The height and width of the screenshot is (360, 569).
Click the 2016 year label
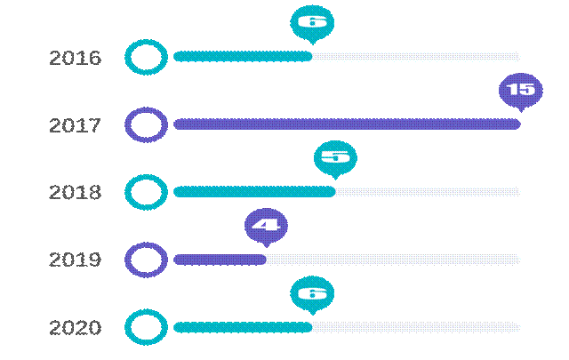(x=76, y=59)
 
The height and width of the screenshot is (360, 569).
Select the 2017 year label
(x=76, y=125)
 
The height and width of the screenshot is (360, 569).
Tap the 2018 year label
(x=76, y=193)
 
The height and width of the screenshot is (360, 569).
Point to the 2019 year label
(x=76, y=260)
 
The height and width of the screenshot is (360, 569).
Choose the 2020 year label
(x=76, y=328)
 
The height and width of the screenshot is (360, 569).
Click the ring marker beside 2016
(x=146, y=58)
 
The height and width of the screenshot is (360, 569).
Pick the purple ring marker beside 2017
(x=146, y=124)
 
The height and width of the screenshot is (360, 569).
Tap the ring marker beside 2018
(x=146, y=192)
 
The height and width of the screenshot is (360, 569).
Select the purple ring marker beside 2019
(x=146, y=260)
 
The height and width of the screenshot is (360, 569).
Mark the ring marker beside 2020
(x=146, y=327)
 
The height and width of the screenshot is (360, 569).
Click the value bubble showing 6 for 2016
(x=312, y=23)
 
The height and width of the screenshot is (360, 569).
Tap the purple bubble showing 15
(x=520, y=90)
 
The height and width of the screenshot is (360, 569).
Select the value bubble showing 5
(x=335, y=157)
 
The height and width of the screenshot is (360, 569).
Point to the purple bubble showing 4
(x=266, y=225)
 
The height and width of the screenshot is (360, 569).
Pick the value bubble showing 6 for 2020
(x=312, y=292)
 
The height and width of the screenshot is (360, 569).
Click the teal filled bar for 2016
(x=243, y=57)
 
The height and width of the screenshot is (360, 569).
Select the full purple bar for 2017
(x=347, y=124)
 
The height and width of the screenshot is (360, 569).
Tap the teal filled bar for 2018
(x=254, y=192)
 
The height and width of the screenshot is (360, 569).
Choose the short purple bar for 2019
(x=220, y=260)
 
